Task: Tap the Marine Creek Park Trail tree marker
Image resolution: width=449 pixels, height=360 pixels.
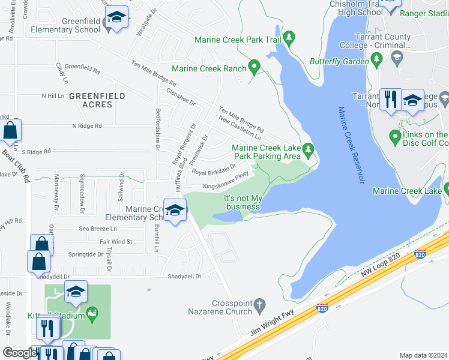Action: coord(289,38)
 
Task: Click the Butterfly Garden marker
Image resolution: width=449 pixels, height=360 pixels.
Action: coord(377,59)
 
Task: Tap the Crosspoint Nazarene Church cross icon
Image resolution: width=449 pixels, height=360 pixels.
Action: coord(259,305)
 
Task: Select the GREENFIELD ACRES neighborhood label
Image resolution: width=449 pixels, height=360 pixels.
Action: coord(97,100)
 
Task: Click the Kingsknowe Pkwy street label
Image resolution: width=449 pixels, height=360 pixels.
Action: coord(226,185)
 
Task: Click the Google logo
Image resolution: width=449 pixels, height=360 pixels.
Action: coord(20,353)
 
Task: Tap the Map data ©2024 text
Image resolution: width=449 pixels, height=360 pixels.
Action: coord(423,355)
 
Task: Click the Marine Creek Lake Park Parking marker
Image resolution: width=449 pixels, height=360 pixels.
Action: coord(309,148)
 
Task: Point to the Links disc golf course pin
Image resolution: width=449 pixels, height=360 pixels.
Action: coord(395,137)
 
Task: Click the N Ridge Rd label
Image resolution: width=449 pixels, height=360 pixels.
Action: coord(87,126)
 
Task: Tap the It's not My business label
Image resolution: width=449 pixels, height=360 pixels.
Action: coord(243,203)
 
